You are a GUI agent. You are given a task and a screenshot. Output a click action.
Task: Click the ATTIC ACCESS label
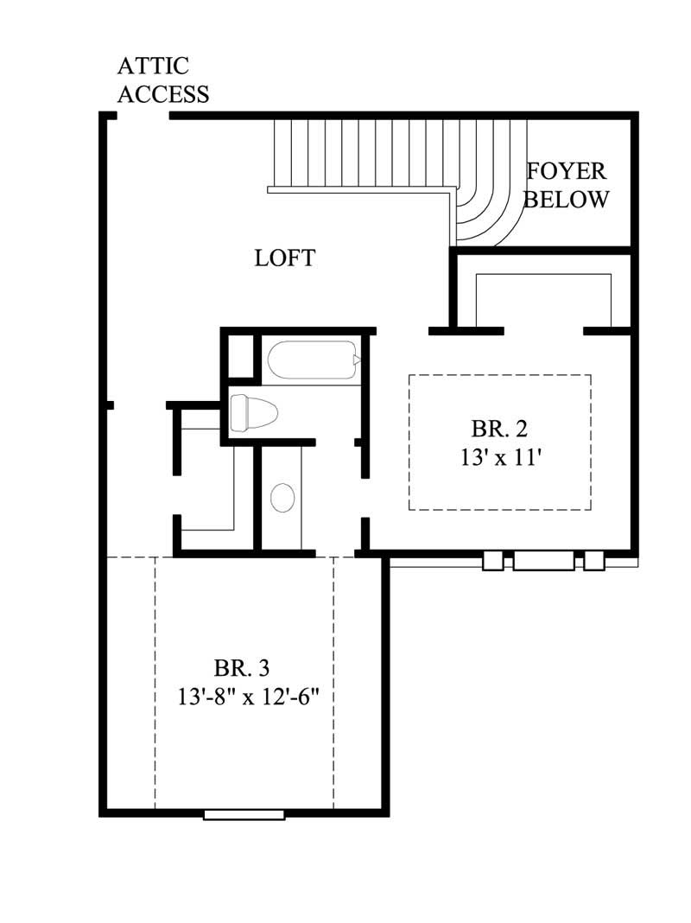pyautogui.click(x=163, y=80)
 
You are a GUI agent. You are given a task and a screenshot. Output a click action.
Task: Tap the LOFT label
pyautogui.click(x=284, y=258)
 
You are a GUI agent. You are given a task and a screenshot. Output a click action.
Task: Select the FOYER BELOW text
pyautogui.click(x=567, y=185)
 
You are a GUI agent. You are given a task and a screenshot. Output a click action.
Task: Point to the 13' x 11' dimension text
pyautogui.click(x=500, y=457)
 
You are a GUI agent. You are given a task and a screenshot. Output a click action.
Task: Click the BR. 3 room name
pyautogui.click(x=242, y=667)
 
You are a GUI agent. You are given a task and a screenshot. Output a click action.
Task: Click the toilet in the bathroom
pyautogui.click(x=253, y=412)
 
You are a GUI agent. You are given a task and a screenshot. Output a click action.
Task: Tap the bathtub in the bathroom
pyautogui.click(x=312, y=361)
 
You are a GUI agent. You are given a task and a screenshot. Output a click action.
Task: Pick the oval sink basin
pyautogui.click(x=282, y=498)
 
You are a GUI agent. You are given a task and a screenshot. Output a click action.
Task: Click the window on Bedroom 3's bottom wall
pyautogui.click(x=244, y=814)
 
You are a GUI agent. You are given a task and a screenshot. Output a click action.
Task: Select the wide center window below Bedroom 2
pyautogui.click(x=543, y=561)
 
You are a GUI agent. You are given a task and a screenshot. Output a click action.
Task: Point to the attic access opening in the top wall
pyautogui.click(x=143, y=115)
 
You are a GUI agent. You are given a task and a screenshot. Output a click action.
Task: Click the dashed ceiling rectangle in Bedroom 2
pyautogui.click(x=500, y=442)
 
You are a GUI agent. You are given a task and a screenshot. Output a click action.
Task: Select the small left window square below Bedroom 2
pyautogui.click(x=492, y=561)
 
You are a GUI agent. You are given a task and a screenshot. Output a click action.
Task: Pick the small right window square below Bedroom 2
pyautogui.click(x=593, y=561)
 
